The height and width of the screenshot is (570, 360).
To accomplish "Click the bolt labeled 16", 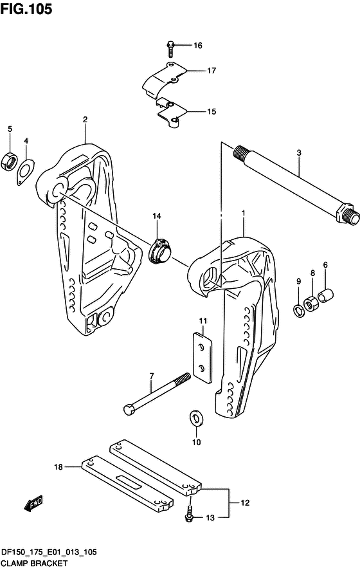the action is point(170,50).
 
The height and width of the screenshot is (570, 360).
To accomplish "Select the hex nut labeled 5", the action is point(9,161).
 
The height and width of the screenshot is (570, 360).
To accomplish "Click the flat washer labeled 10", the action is point(196,419).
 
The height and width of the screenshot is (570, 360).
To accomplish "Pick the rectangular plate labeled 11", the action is point(202,357).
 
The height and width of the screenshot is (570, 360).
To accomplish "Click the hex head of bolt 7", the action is point(129,410).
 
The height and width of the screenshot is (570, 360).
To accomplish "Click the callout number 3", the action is point(299,152).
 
